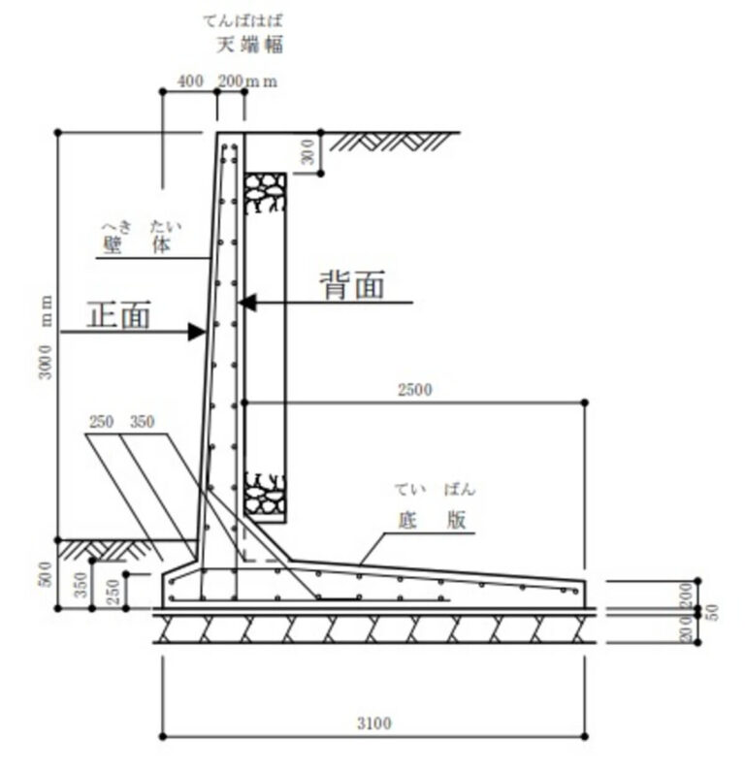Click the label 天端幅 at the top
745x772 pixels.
click(x=249, y=46)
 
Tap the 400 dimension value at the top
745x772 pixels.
click(x=190, y=80)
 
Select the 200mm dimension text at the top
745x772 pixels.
click(x=247, y=80)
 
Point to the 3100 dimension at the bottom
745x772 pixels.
click(x=374, y=724)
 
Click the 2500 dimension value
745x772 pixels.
click(x=414, y=390)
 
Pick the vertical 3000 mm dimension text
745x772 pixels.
click(x=46, y=338)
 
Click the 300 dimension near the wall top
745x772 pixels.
click(x=308, y=151)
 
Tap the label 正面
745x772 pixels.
click(x=118, y=314)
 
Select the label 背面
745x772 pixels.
click(x=352, y=285)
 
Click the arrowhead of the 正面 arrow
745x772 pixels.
click(x=197, y=332)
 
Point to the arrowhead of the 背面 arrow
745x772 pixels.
click(x=246, y=303)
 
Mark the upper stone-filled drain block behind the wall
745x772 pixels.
click(x=266, y=192)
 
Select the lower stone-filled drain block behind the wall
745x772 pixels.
click(x=266, y=495)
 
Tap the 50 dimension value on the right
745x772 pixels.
click(x=712, y=612)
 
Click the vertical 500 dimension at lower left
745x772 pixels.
click(x=46, y=574)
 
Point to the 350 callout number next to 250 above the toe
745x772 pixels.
click(x=143, y=422)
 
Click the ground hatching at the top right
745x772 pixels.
click(x=391, y=142)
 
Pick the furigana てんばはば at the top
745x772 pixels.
click(x=243, y=20)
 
